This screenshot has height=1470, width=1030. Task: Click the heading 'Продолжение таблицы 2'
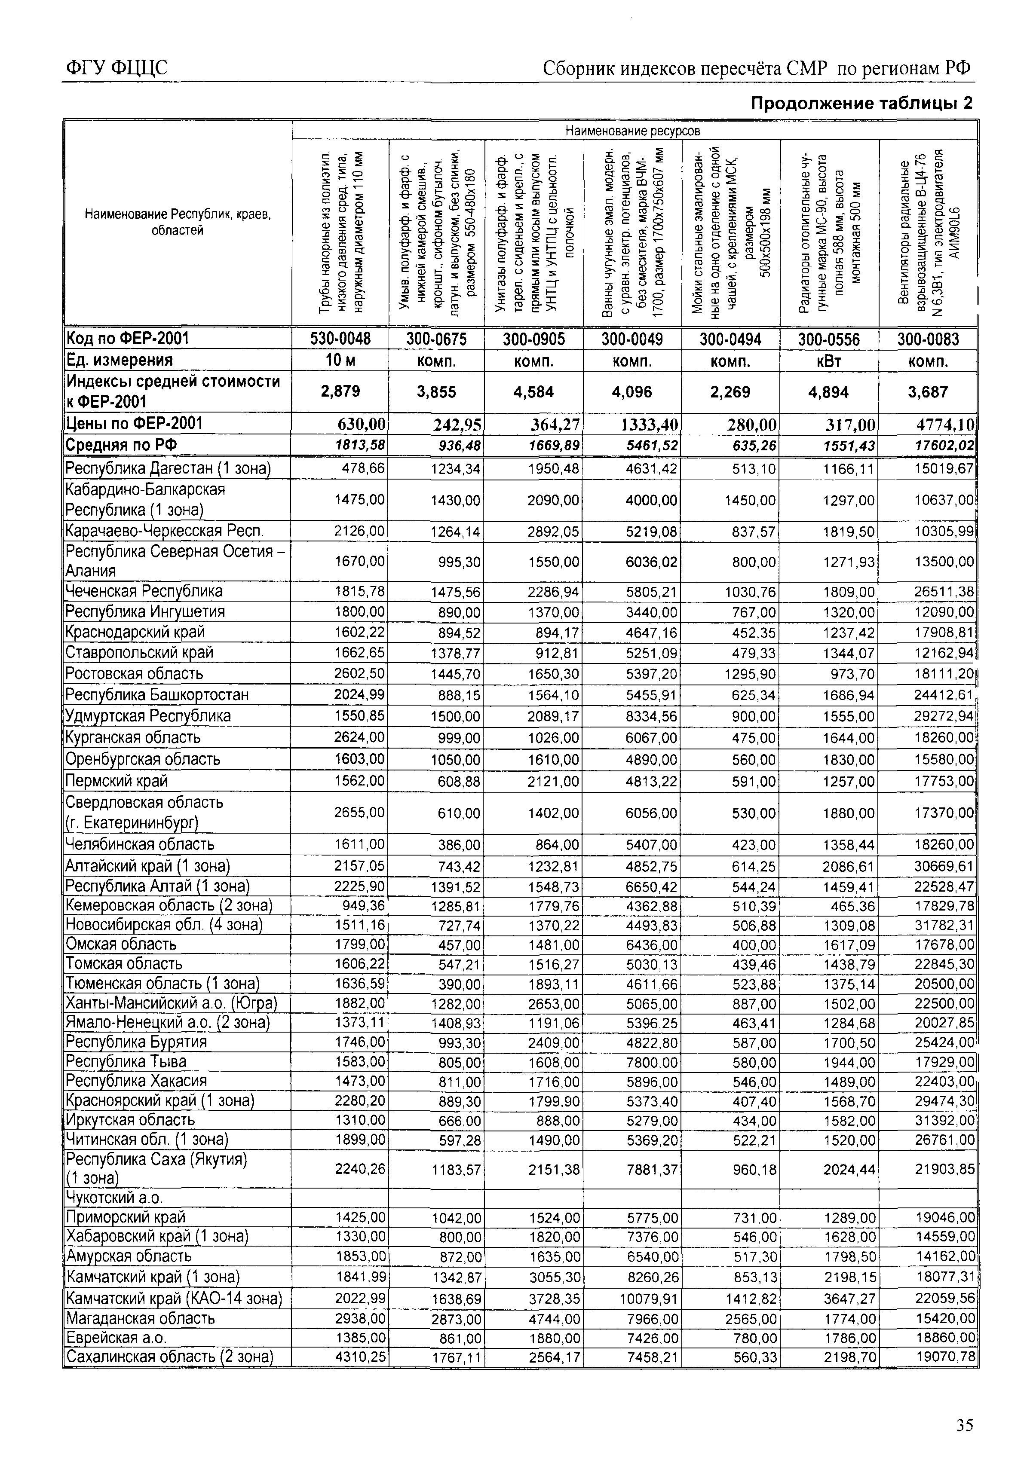(x=861, y=103)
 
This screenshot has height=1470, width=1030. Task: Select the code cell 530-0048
(x=340, y=339)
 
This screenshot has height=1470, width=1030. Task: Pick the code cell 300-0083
(x=928, y=339)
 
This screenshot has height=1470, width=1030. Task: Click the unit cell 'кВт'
(x=829, y=361)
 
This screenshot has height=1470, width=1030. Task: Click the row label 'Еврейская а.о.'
(x=116, y=1338)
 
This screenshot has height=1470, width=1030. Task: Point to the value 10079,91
(x=648, y=1299)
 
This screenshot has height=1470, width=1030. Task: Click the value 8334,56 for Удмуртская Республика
(x=651, y=716)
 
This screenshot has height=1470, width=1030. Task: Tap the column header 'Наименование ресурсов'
(x=633, y=131)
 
